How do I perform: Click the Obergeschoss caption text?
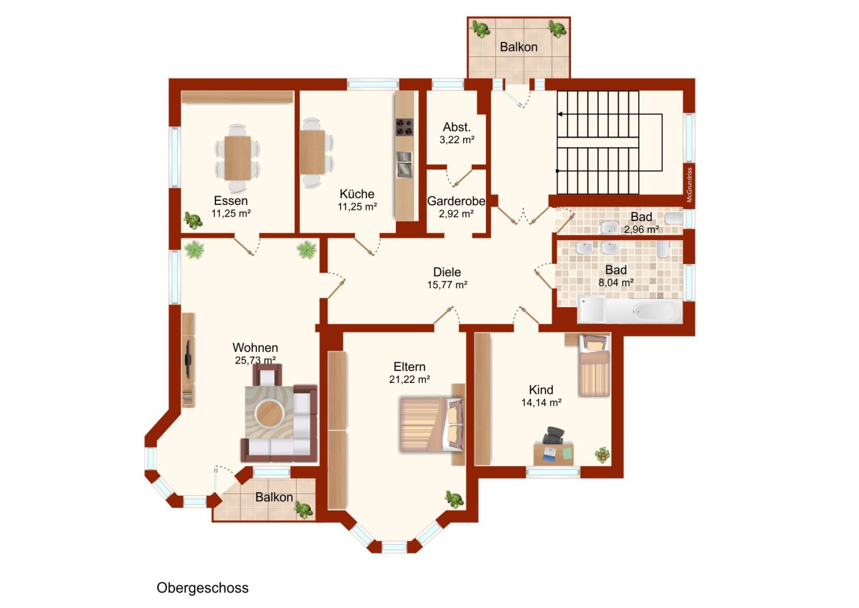tap(203, 588)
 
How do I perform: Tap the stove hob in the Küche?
tap(405, 128)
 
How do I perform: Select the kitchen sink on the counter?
tap(404, 165)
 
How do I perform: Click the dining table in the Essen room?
tap(238, 158)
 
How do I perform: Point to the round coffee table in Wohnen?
tap(270, 413)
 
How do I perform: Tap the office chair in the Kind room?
tap(554, 435)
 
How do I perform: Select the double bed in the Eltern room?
tap(432, 424)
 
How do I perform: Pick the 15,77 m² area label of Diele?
tap(447, 285)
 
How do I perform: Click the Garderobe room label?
tap(456, 201)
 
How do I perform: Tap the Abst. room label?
tap(457, 127)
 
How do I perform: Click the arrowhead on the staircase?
tap(560, 114)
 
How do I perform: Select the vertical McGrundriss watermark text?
tap(689, 185)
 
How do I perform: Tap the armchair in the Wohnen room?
tap(267, 375)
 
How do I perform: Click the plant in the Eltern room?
tap(454, 499)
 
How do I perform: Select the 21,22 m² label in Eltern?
tap(409, 380)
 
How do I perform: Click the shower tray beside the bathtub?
tap(591, 309)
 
